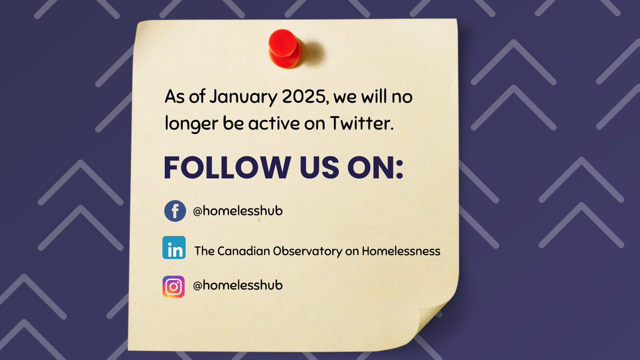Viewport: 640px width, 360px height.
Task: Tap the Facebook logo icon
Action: tap(174, 211)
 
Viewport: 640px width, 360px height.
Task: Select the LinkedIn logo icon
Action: tap(174, 248)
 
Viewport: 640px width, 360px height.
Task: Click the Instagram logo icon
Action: tap(174, 286)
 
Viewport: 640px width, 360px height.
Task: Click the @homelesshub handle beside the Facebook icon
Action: tap(238, 211)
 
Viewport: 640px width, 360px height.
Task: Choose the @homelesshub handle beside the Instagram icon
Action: tap(238, 285)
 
